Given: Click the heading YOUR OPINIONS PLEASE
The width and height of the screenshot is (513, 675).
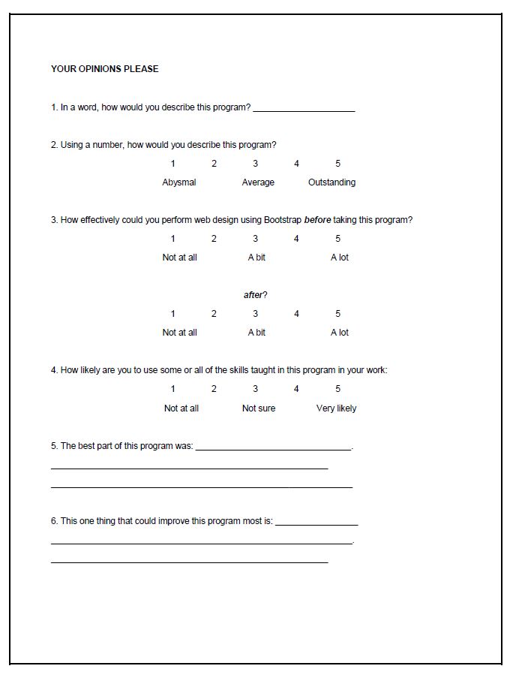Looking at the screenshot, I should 104,69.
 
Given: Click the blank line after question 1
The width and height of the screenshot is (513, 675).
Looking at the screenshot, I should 304,110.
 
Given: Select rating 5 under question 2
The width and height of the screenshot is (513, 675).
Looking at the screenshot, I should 338,164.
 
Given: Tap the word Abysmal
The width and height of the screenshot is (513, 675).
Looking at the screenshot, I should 179,182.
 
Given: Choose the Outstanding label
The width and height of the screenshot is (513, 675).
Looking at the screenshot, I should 331,182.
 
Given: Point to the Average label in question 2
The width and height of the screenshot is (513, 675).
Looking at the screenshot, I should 258,182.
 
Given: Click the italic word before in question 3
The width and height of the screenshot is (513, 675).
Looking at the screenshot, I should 318,220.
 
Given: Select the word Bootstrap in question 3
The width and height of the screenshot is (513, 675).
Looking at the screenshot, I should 282,220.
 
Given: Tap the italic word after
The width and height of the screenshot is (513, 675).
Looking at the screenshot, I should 253,295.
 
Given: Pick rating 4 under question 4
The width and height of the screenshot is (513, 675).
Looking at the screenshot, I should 296,389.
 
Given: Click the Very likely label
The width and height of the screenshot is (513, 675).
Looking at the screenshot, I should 336,408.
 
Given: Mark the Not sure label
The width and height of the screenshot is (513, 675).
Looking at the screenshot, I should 258,408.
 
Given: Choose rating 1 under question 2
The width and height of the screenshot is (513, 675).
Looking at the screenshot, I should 173,164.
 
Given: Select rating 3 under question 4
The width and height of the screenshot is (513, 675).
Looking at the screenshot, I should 255,389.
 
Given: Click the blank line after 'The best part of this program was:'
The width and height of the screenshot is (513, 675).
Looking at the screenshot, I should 273,448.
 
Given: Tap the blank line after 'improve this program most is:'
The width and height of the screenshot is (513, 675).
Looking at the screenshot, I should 316,523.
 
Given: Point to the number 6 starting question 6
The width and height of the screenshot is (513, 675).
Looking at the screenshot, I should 54,520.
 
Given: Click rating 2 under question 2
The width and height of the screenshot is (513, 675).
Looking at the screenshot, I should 214,164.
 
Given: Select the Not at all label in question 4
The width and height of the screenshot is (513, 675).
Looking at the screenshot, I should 181,408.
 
